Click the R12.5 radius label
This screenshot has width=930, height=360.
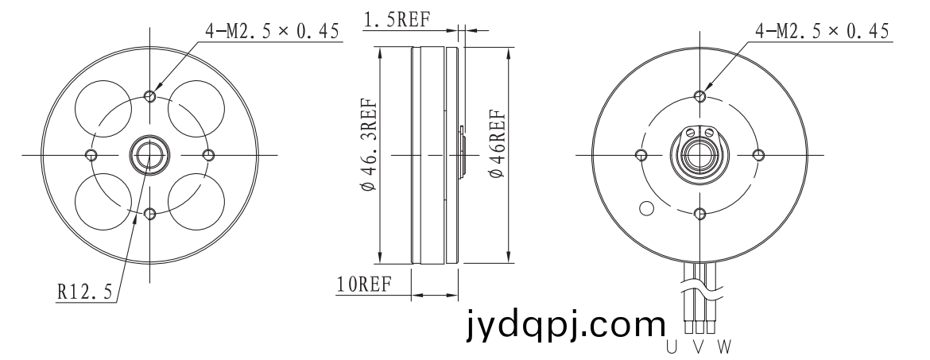(x=84, y=291)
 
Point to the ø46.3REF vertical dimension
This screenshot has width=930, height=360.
(x=369, y=144)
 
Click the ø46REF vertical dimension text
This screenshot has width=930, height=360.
(x=497, y=144)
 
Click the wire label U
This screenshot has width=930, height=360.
(x=672, y=346)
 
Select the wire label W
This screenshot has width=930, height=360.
(x=724, y=346)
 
